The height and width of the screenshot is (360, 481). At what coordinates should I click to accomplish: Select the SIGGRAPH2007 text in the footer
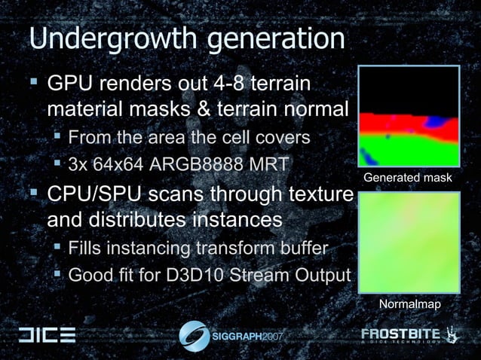[249, 335]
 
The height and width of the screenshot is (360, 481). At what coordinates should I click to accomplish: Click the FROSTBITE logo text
[403, 334]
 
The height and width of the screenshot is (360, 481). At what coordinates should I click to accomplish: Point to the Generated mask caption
[408, 178]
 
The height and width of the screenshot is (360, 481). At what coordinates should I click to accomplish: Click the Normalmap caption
[408, 303]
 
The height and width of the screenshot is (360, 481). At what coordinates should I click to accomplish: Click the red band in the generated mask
[392, 124]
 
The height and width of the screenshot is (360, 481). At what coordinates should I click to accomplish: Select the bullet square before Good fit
[58, 274]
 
